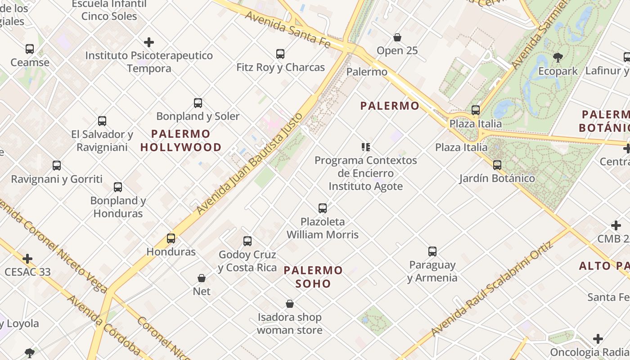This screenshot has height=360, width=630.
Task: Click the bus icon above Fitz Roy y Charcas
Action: point(280,54)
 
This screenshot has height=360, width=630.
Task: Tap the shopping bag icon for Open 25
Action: point(397,37)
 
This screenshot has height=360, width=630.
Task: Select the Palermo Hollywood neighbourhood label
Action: point(181,140)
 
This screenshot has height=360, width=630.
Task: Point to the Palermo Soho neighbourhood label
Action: point(314,277)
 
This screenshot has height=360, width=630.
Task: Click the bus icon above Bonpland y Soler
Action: point(198,103)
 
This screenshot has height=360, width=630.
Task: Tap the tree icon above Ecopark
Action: point(558,58)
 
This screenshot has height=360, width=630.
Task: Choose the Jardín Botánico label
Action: point(497,179)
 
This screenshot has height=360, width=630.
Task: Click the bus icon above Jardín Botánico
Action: point(497,165)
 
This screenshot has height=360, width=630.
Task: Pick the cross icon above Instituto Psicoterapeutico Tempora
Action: point(149,42)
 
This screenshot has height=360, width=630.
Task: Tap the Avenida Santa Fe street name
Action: point(288,30)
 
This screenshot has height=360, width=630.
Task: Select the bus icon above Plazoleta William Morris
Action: point(323,208)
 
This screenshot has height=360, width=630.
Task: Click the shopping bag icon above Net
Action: point(202,278)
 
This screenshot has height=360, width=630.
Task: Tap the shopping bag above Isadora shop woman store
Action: point(290,304)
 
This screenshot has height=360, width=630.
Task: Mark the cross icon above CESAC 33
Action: point(27,259)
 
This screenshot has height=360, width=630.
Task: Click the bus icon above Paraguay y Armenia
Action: point(432,252)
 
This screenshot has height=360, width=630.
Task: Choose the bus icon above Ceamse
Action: point(30,49)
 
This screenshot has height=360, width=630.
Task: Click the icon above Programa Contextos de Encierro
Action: point(365,147)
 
